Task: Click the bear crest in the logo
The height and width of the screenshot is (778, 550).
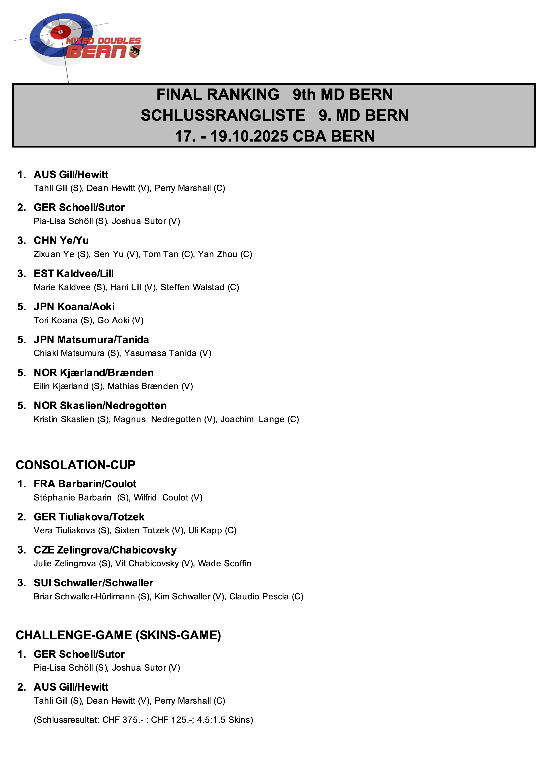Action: coord(135,51)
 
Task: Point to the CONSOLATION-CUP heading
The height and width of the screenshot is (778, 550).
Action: coord(76,465)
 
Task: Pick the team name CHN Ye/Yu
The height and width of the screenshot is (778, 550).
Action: coord(61,240)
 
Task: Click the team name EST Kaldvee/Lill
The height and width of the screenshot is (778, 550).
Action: coord(74,274)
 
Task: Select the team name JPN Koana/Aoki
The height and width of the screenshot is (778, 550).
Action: coord(74,307)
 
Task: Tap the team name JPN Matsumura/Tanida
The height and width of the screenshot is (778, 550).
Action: coord(91,339)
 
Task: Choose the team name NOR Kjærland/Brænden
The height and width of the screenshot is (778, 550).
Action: coord(94,373)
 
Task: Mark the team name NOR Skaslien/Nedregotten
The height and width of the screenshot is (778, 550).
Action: coord(100,406)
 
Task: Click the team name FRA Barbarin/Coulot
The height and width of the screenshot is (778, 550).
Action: coord(85,484)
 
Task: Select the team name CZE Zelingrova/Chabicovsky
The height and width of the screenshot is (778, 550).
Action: coord(105,550)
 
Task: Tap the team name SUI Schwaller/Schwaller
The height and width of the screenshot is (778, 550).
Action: coord(93,583)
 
